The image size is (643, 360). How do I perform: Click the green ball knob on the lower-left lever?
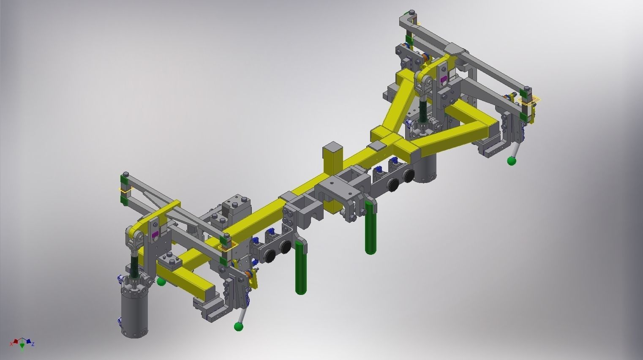[x=239, y=326]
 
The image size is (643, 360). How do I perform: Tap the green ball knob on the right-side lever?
[x=512, y=161]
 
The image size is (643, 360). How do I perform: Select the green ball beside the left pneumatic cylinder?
[x=161, y=281]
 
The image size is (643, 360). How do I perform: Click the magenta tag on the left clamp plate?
[x=154, y=235]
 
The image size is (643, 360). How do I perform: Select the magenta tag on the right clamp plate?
[x=443, y=79]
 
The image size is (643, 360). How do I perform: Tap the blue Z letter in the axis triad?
[x=33, y=344]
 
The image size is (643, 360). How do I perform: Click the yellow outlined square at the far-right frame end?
[x=530, y=101]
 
